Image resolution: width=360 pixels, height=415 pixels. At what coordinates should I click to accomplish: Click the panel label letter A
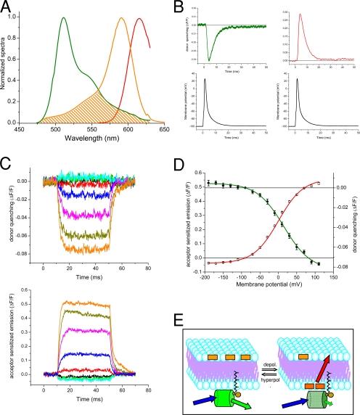click(7, 7)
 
